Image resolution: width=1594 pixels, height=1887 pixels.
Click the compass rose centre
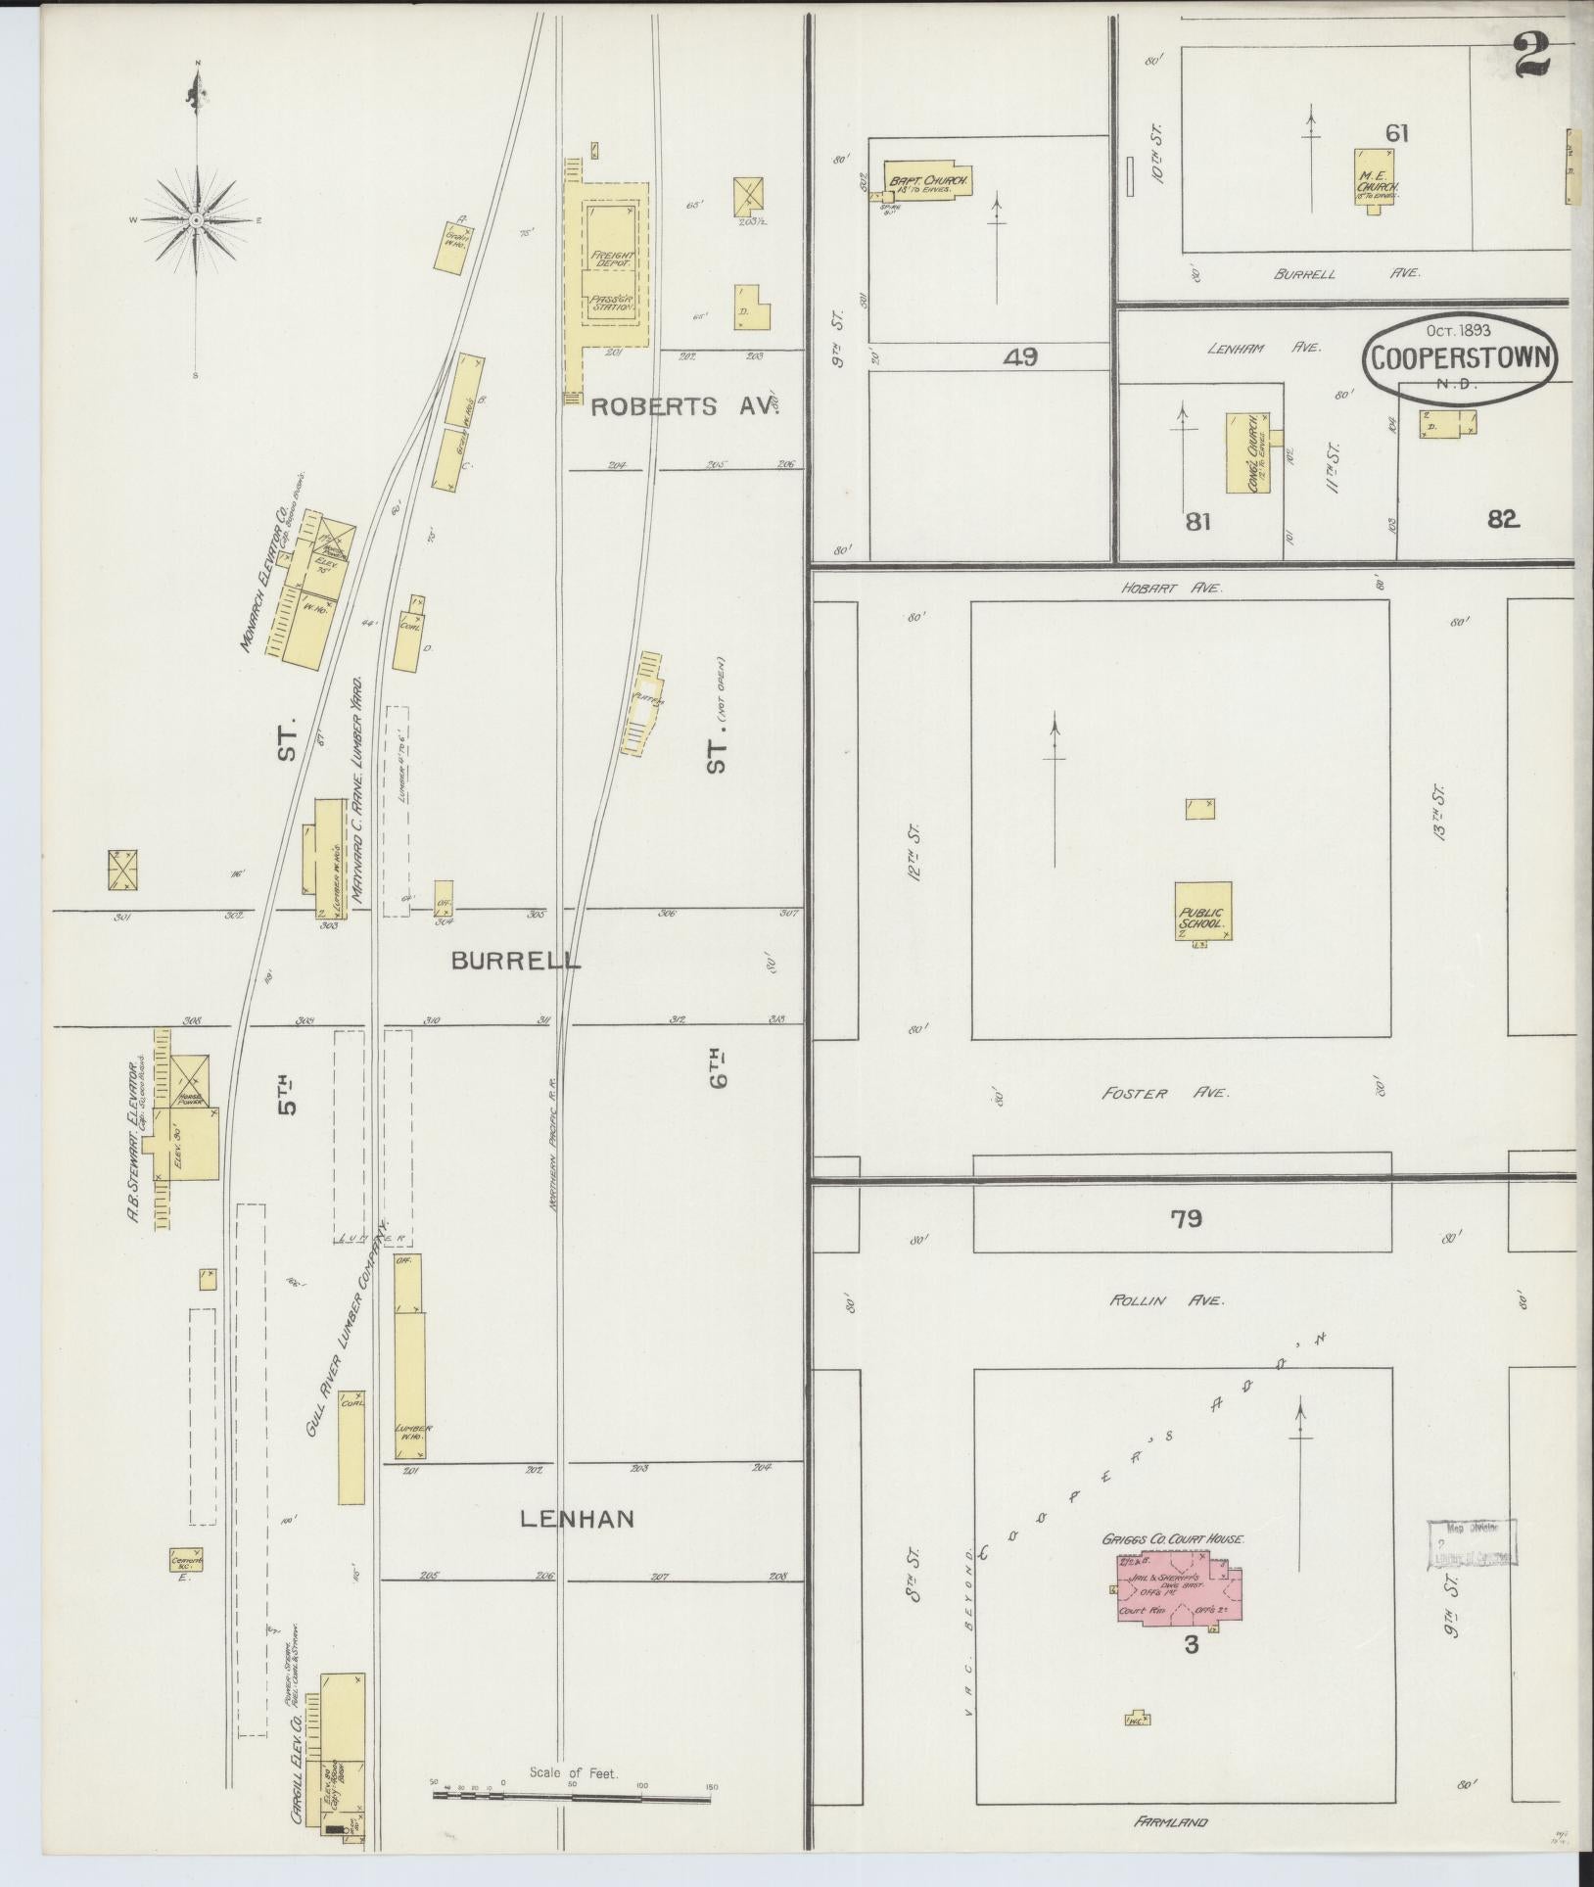click(197, 220)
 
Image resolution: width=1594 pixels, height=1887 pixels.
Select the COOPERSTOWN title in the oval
click(1459, 359)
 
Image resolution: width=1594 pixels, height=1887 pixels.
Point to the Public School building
click(1203, 911)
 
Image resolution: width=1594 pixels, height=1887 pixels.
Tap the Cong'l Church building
click(1247, 451)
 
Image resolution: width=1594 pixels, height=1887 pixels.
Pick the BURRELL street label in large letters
click(515, 961)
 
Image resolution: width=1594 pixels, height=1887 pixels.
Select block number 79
click(1186, 1218)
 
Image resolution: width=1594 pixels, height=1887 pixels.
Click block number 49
click(1020, 356)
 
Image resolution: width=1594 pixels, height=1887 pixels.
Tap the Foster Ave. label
click(1164, 1093)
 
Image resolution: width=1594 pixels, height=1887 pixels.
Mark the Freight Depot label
click(613, 259)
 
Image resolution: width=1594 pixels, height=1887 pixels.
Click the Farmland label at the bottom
click(1171, 1822)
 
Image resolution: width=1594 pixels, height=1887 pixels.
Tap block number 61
click(1396, 133)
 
